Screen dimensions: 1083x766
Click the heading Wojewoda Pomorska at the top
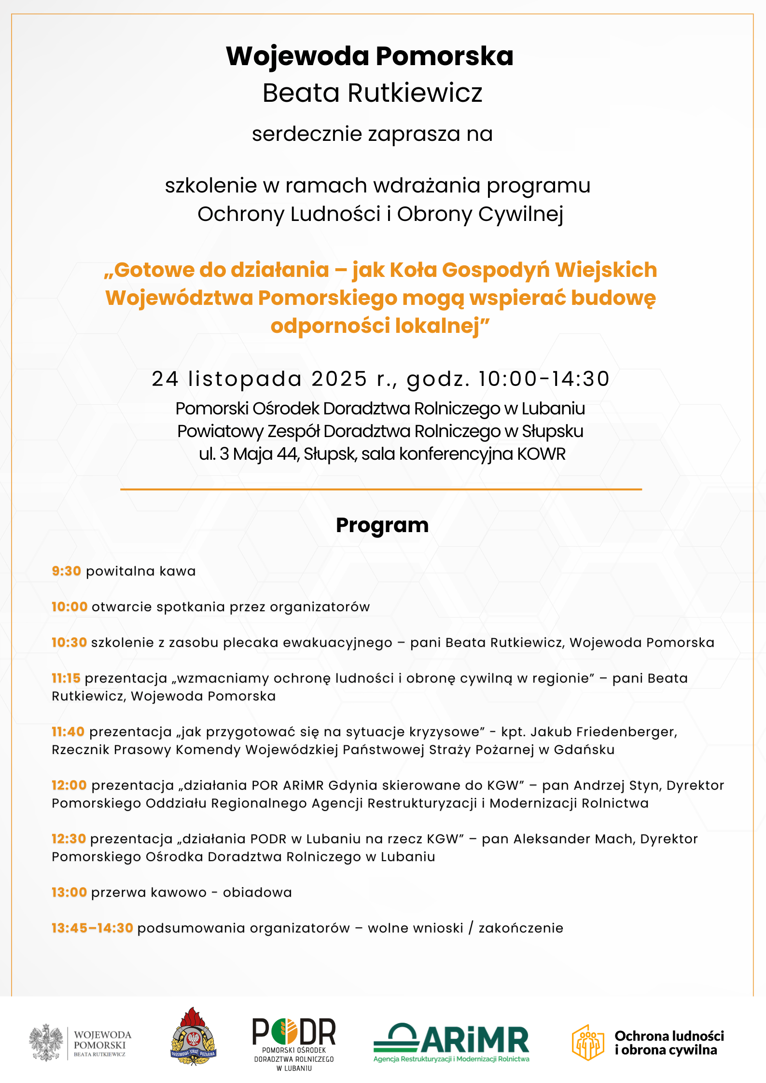tap(370, 56)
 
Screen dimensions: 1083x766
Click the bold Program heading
tap(382, 525)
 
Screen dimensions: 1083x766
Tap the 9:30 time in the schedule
tap(66, 571)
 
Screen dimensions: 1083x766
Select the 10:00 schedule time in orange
tap(70, 607)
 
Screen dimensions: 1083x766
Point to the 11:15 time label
tap(66, 678)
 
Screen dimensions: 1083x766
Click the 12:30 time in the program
tap(69, 839)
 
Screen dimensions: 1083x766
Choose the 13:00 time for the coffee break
tap(69, 892)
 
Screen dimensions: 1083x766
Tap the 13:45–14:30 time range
tap(92, 928)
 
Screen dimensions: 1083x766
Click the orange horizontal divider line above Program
tap(381, 489)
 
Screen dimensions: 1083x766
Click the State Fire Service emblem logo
tap(194, 1036)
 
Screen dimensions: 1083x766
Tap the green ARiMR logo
tap(451, 1042)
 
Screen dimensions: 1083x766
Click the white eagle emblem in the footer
tap(46, 1042)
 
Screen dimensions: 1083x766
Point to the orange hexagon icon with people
tap(588, 1042)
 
